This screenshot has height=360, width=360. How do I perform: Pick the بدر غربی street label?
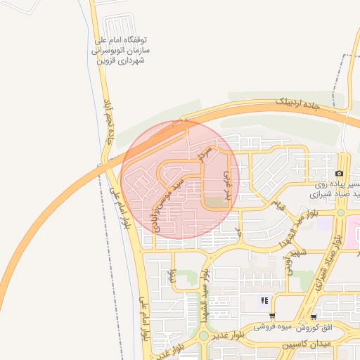(227, 182)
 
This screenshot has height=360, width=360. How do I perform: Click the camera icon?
(340, 174)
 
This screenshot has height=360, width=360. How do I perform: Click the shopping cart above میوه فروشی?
(272, 316)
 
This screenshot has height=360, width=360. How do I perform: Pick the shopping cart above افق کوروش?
(313, 317)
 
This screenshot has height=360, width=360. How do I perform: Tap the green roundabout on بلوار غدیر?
(204, 335)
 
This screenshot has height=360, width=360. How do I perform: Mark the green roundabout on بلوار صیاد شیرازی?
(341, 212)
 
